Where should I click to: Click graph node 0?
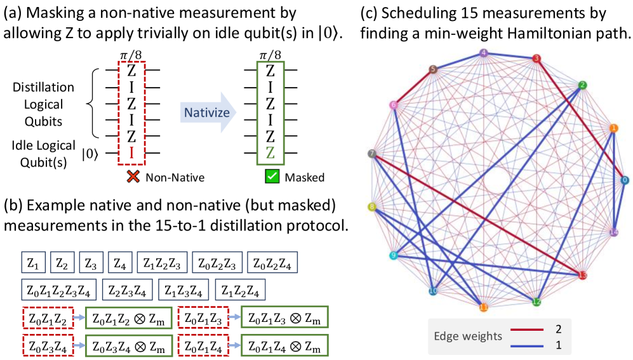[625, 180]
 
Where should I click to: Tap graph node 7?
[372, 153]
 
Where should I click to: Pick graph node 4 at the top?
[484, 53]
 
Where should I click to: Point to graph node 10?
[433, 291]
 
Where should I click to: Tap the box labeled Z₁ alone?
[34, 262]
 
